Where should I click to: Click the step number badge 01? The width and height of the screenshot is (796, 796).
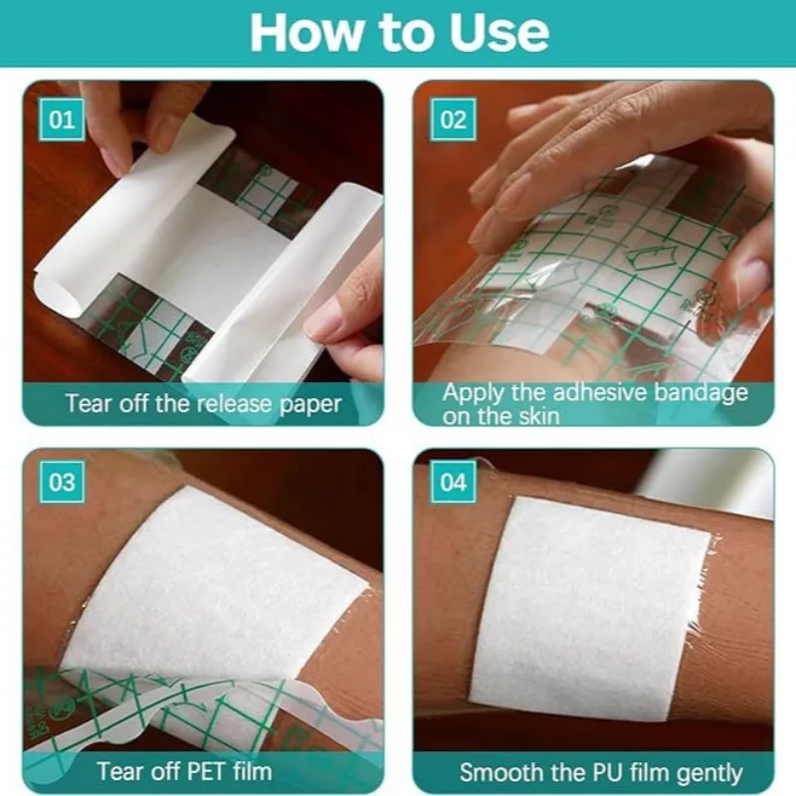click(x=62, y=120)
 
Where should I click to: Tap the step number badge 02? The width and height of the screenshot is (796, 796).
click(x=453, y=120)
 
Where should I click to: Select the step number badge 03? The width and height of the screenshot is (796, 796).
click(x=62, y=483)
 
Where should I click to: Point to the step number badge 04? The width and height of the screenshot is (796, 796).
click(x=453, y=483)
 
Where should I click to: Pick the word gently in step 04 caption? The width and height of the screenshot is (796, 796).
click(x=706, y=771)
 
